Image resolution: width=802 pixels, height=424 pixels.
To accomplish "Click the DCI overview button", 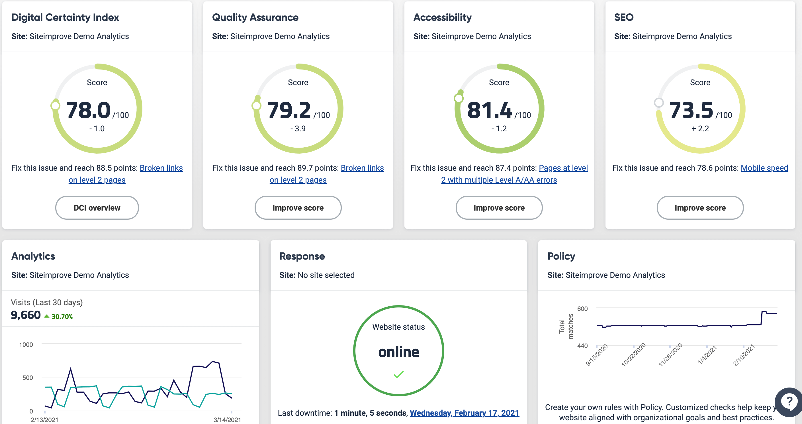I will (x=97, y=208).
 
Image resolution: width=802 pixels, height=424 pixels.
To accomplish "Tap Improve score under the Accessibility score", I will (x=499, y=208).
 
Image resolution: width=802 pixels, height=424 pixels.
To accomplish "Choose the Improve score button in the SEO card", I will (x=700, y=208).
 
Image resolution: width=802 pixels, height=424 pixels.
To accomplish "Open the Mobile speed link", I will (x=764, y=168).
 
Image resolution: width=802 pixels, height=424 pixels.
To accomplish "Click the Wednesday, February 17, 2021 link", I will (x=464, y=413).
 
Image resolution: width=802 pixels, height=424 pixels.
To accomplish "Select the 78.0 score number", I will (x=88, y=110).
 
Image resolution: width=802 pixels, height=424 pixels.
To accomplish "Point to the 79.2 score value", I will (x=289, y=110).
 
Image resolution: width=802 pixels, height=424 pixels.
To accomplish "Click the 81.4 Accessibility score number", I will (x=489, y=110).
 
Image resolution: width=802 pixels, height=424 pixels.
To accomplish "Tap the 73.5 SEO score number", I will (x=691, y=110).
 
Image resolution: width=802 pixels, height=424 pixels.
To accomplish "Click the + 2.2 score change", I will (x=700, y=129).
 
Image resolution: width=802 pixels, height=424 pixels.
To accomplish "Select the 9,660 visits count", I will (x=26, y=315).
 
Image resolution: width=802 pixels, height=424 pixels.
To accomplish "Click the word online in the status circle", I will (x=398, y=352).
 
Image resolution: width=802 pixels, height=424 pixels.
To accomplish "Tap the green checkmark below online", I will (x=398, y=374).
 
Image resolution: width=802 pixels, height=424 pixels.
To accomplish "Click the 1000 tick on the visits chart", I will (x=26, y=345).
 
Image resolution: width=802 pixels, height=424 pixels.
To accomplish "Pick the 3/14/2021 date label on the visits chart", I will (x=227, y=420).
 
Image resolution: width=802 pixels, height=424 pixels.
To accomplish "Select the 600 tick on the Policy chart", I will (x=582, y=309).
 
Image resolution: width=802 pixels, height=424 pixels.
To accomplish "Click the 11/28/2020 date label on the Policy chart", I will (x=670, y=354).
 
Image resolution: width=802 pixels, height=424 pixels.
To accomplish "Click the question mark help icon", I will (x=789, y=401).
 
